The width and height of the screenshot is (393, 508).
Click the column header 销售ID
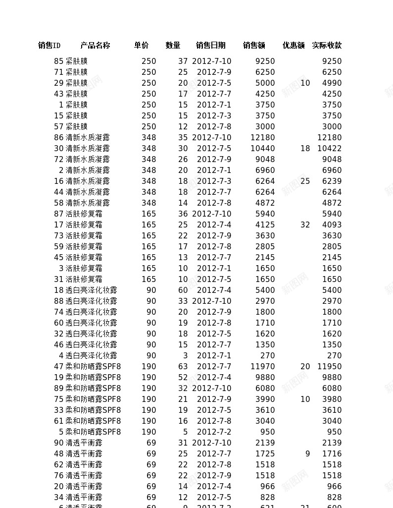[49, 46]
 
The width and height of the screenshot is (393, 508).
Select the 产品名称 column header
[95, 46]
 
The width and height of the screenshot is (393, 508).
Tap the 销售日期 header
[210, 46]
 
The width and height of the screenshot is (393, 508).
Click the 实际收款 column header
[327, 46]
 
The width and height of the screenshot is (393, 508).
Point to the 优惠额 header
[294, 46]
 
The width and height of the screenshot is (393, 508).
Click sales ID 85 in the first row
[58, 61]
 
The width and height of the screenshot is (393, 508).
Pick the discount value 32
[305, 225]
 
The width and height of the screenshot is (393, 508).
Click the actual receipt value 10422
[329, 149]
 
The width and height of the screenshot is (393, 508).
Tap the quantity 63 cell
[183, 367]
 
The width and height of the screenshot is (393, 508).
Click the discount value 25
[305, 181]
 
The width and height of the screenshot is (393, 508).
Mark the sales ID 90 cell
[58, 443]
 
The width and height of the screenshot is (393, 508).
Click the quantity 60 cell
[183, 290]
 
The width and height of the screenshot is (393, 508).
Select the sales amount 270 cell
[267, 356]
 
